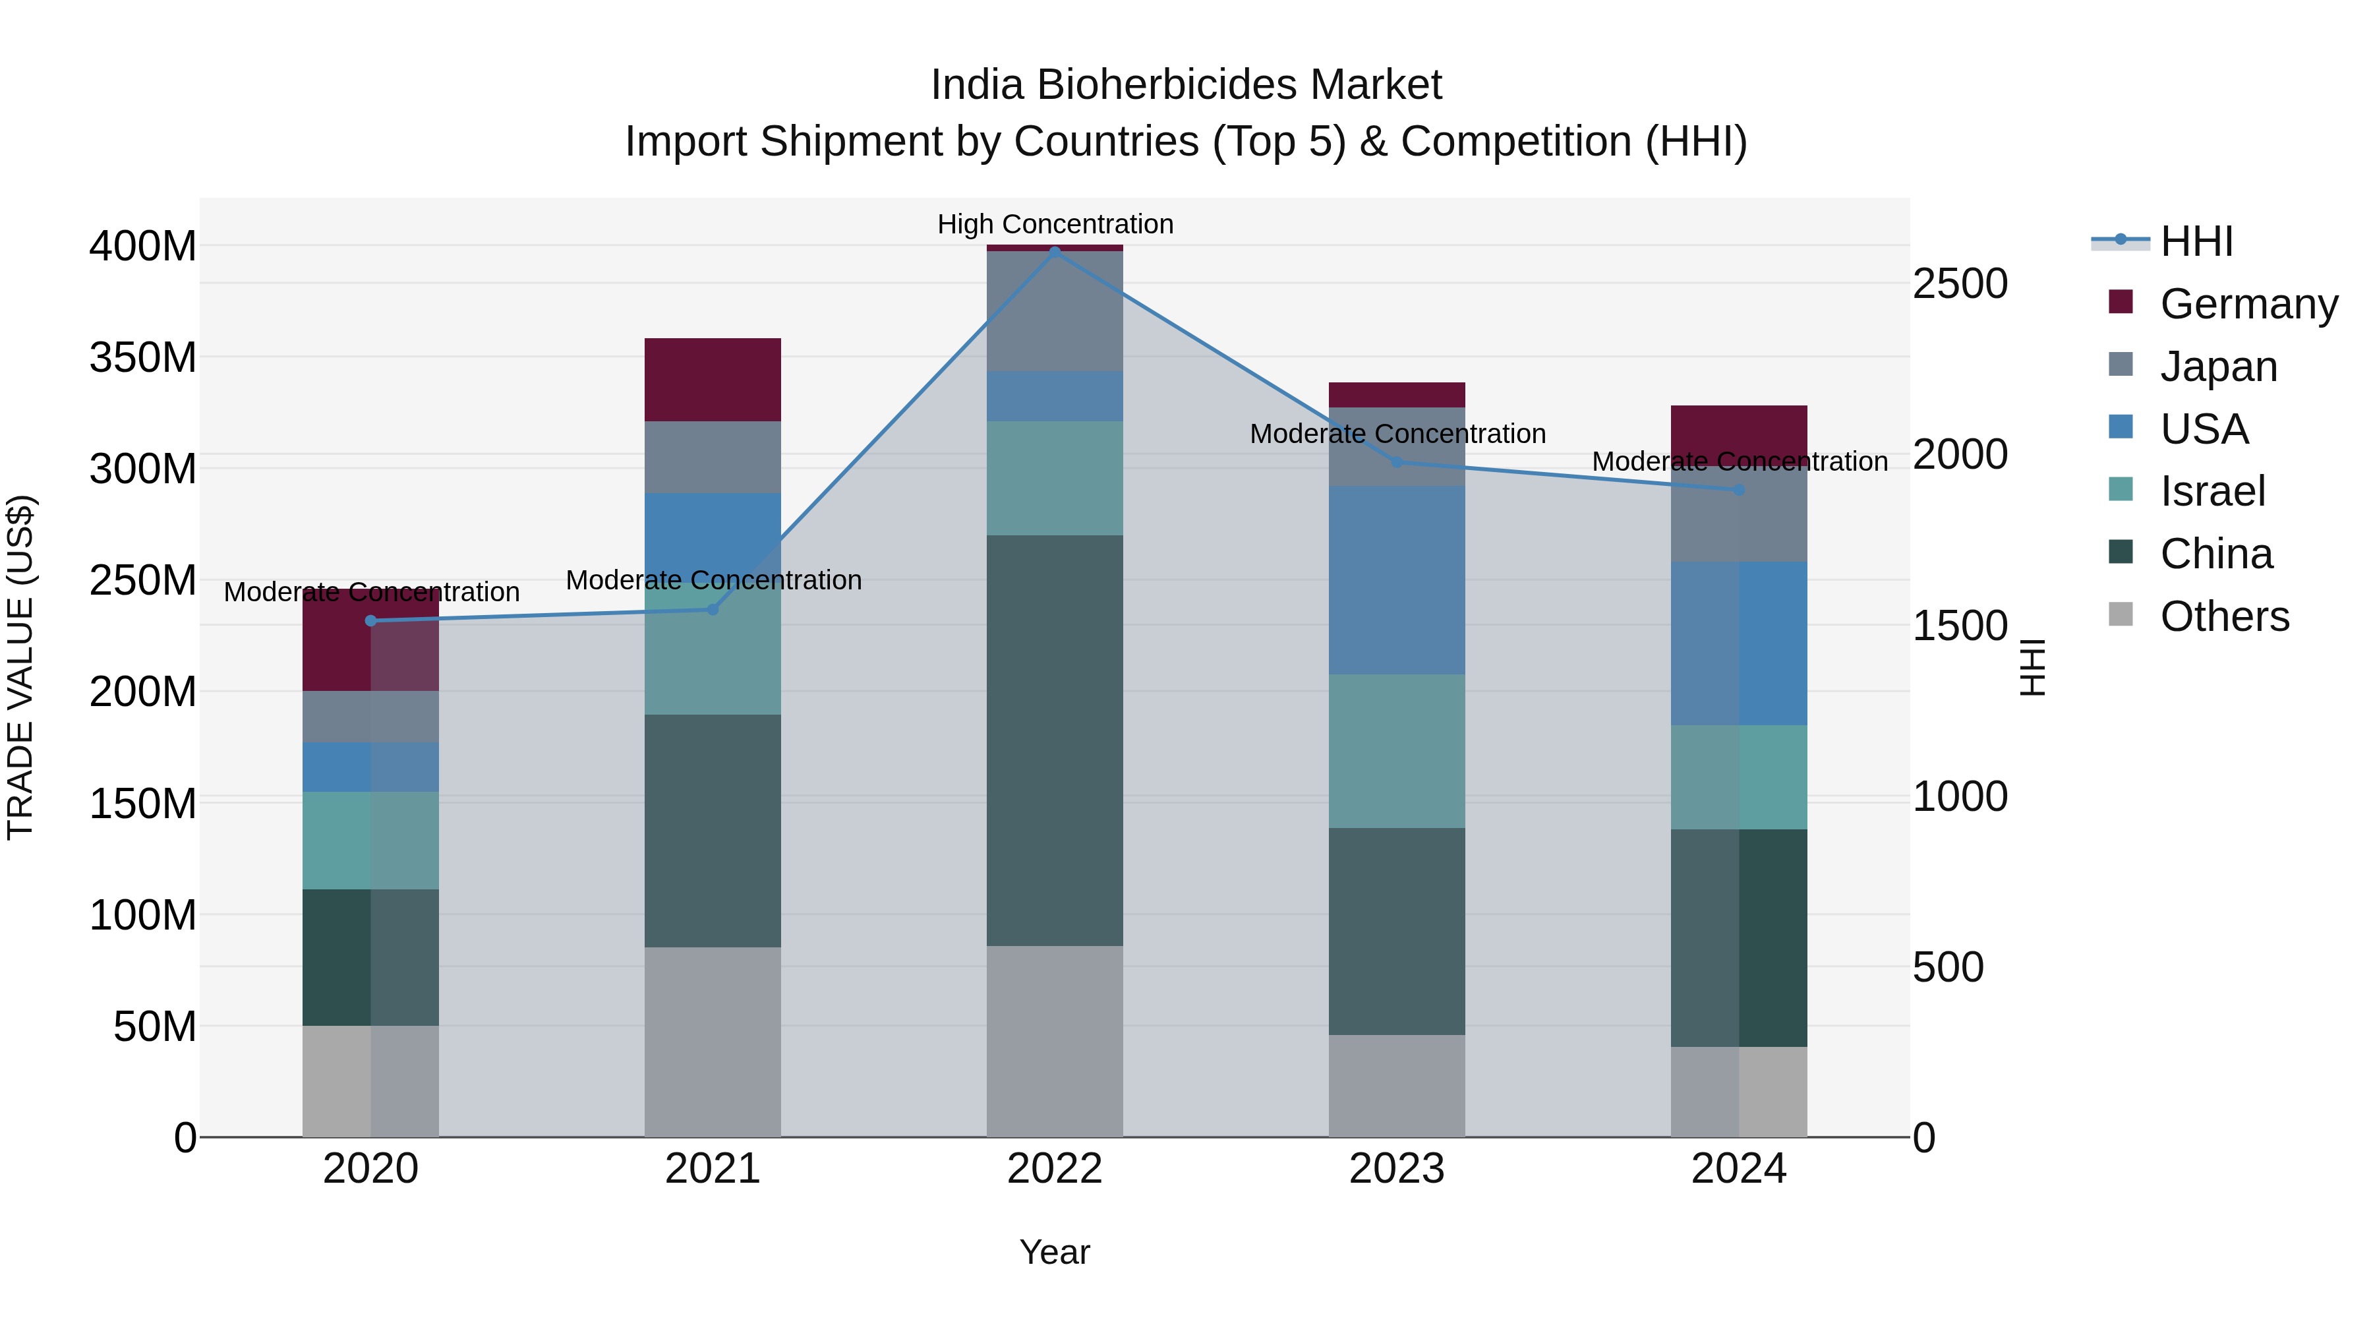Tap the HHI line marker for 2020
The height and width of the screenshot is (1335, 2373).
point(370,621)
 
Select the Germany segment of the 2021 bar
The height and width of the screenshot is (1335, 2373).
point(712,380)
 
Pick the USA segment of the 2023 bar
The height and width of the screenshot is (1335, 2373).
point(1397,579)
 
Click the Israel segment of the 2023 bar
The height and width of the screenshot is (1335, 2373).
point(1397,751)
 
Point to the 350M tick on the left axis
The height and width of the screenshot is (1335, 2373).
point(143,357)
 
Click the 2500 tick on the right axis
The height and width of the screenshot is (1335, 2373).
point(1960,283)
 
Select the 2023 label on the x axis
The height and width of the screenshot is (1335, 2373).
point(1397,1169)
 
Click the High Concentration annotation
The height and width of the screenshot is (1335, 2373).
point(1055,224)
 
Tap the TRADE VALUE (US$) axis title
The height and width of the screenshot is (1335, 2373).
point(20,667)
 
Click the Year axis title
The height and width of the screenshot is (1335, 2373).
point(1055,1252)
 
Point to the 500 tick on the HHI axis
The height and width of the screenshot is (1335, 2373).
point(1947,967)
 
